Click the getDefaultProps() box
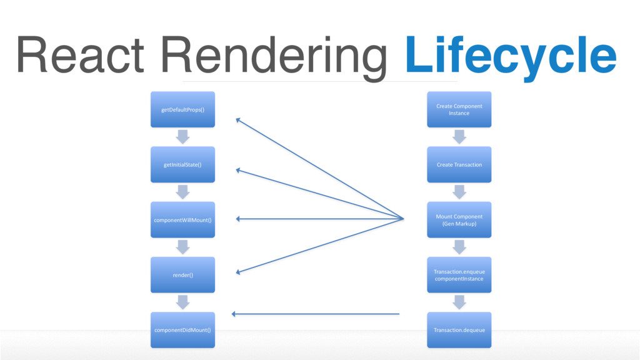point(183,109)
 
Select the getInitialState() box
point(183,164)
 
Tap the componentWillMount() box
point(183,219)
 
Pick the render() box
point(183,275)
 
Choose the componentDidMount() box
point(183,330)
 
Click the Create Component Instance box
point(459,109)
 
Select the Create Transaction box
point(459,164)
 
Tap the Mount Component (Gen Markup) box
point(459,219)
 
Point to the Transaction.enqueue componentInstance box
point(459,275)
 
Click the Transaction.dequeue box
point(459,330)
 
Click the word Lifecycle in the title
point(511,56)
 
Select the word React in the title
point(81,55)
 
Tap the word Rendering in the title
point(274,57)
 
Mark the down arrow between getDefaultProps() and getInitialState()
point(183,137)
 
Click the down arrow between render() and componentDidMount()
point(183,302)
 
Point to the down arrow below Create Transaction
point(459,192)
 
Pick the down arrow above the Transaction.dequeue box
point(459,302)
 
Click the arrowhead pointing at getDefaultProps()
point(238,120)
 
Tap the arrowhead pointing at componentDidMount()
point(234,314)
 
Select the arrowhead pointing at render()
point(238,272)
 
